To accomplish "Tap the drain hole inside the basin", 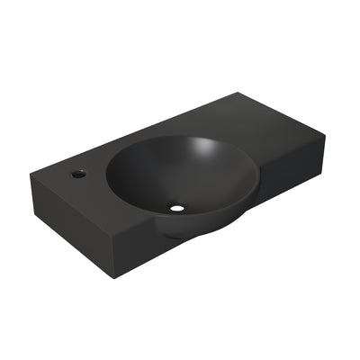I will (177, 209).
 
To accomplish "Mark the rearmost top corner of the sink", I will (237, 92).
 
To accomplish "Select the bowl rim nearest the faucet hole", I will (109, 175).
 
